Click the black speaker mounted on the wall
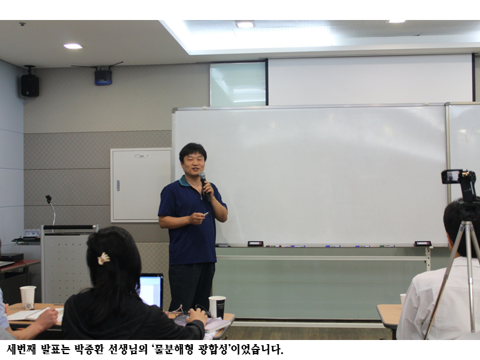[30, 85]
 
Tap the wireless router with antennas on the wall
[103, 76]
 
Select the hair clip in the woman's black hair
[104, 258]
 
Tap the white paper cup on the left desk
[28, 296]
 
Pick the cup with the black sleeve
[216, 306]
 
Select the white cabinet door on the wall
[141, 184]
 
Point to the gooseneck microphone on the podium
[51, 208]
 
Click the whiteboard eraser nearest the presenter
[255, 244]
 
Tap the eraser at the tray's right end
[422, 244]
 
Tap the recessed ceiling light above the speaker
[73, 46]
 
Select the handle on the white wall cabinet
[118, 185]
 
